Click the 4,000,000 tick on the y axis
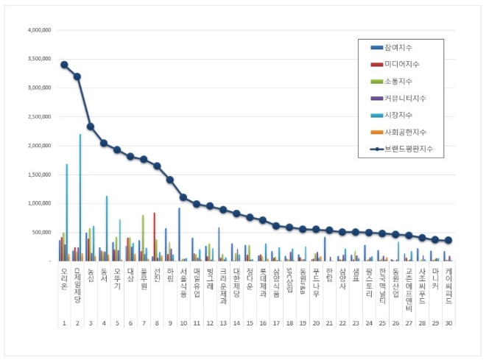pos(38,31)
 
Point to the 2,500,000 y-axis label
pos(38,117)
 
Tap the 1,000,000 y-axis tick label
pos(38,203)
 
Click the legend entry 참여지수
pos(405,48)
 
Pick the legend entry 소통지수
pos(405,81)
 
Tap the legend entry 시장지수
pos(405,115)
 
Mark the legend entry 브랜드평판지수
pos(412,149)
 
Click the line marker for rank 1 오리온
pos(64,65)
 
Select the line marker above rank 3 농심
pos(91,127)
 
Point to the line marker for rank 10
pos(183,197)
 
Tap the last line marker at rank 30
pos(449,241)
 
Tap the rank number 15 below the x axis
pos(250,323)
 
